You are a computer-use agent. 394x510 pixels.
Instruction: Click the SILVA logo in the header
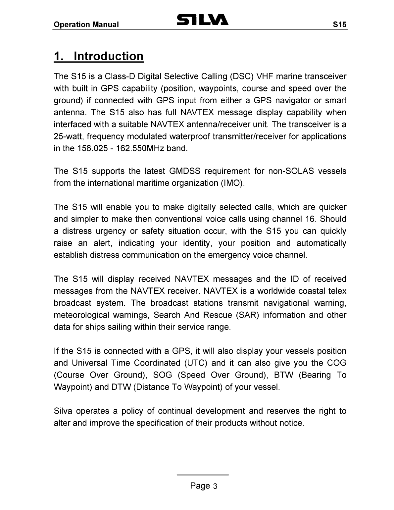coord(203,20)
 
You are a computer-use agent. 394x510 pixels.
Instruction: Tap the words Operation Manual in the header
coord(86,25)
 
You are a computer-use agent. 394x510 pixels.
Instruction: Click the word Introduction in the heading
coord(109,56)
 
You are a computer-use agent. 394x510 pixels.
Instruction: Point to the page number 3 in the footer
coord(215,486)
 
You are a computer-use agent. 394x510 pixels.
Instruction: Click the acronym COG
coord(336,363)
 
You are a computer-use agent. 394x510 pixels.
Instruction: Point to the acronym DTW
coord(121,387)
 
